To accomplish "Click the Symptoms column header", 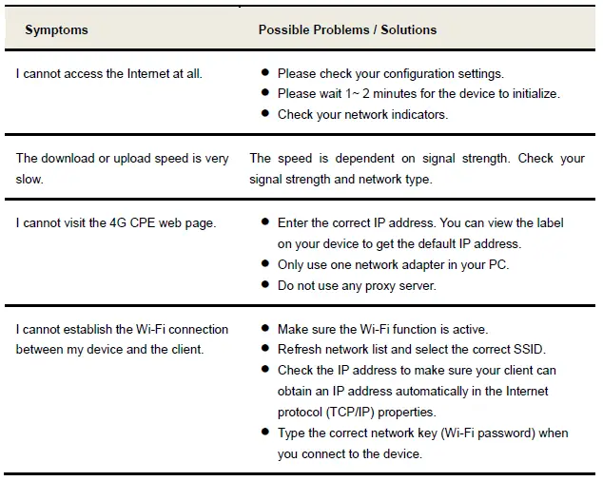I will point(56,29).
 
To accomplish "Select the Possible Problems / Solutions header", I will point(347,29).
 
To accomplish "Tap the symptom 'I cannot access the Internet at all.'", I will point(108,73).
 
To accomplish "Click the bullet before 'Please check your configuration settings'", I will point(264,73).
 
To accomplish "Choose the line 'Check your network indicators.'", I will point(362,115).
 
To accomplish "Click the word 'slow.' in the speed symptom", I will point(31,179).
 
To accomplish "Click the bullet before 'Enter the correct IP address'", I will point(264,223).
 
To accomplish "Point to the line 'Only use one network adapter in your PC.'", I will point(393,265).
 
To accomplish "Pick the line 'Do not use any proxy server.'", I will point(357,286).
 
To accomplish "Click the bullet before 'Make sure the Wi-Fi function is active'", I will point(264,329).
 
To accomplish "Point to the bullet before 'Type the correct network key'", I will point(264,433).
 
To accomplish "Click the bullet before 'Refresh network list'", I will point(264,349).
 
